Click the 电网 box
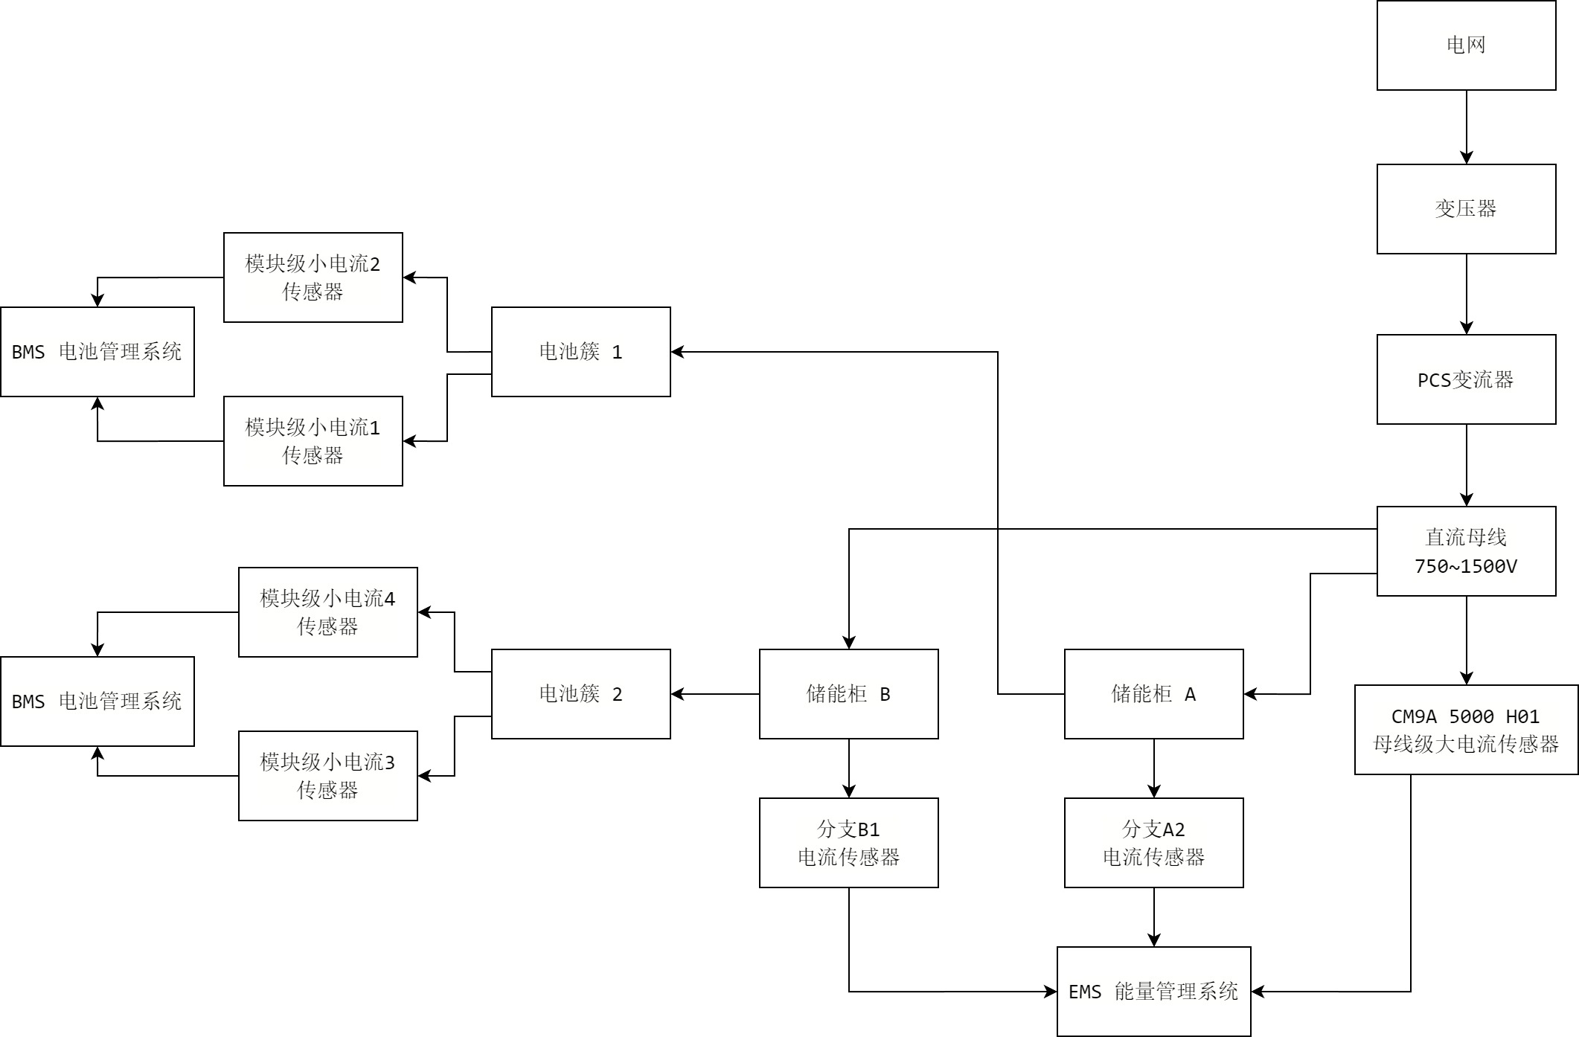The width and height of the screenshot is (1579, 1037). [x=1466, y=45]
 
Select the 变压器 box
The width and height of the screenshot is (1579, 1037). [x=1466, y=209]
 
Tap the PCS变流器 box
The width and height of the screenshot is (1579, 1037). [x=1466, y=379]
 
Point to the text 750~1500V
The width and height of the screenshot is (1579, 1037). [x=1465, y=566]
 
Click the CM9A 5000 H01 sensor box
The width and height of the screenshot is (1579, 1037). [x=1466, y=730]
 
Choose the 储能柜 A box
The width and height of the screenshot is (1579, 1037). [x=1153, y=694]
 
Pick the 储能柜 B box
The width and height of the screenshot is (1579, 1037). [x=848, y=694]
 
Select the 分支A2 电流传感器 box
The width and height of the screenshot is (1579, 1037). [x=1153, y=843]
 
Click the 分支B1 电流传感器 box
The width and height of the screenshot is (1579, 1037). [x=848, y=843]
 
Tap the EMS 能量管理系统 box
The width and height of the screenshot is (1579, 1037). [x=1153, y=992]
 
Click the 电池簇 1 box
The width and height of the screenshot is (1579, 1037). [x=580, y=352]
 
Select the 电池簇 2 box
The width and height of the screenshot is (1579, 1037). [x=580, y=694]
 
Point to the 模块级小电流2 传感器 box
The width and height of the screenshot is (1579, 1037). [x=313, y=277]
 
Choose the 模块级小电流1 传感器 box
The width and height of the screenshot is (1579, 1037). [x=313, y=441]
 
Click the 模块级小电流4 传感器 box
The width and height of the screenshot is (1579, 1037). [x=327, y=612]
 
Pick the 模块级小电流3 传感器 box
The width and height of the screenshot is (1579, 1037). [x=327, y=776]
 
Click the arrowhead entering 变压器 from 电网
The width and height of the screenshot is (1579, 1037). [x=1466, y=158]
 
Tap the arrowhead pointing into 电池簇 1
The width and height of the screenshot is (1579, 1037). [x=677, y=352]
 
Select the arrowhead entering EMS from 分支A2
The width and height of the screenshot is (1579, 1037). [x=1153, y=940]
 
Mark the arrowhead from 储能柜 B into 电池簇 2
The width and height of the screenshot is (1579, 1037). [x=677, y=694]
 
